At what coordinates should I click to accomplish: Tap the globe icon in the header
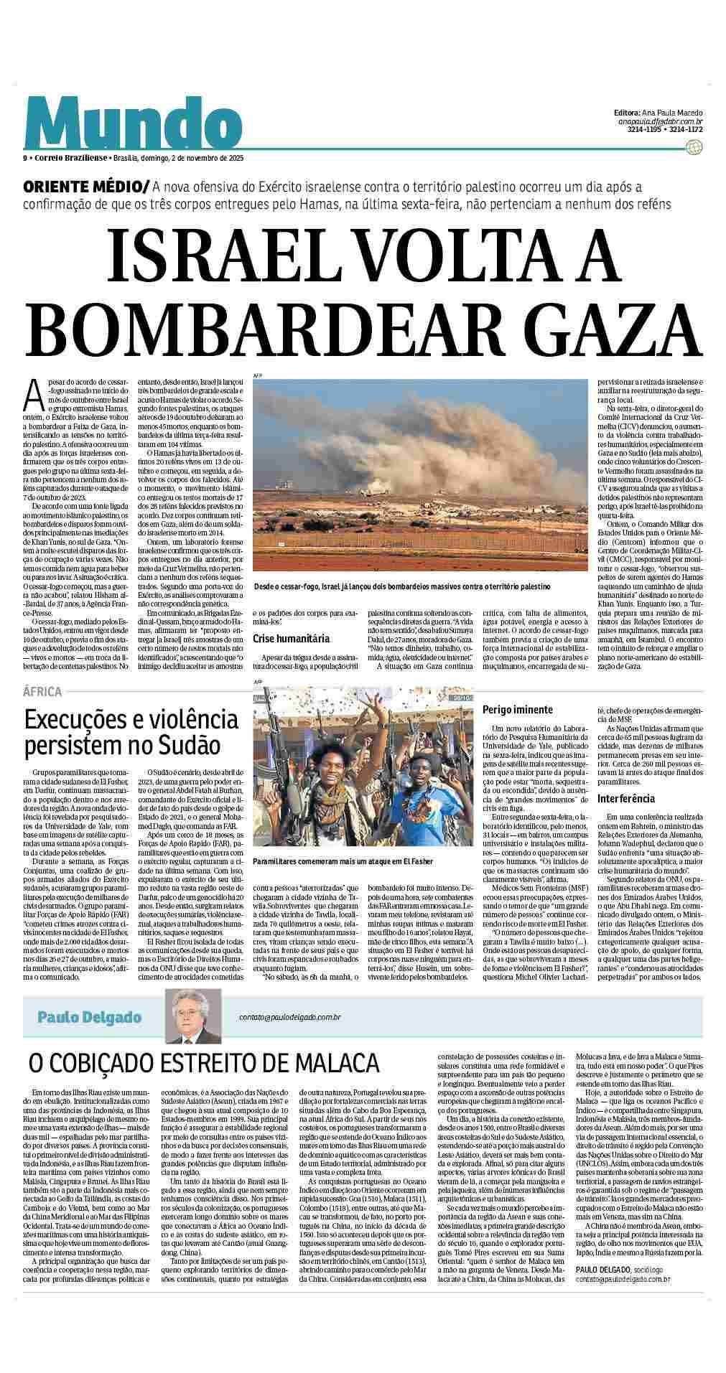tap(693, 147)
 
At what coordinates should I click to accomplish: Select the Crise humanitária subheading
tap(291, 637)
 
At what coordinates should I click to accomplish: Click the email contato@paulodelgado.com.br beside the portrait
tap(290, 1017)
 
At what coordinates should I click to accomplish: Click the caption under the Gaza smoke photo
tap(401, 586)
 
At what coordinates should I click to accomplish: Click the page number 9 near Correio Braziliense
tap(24, 158)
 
